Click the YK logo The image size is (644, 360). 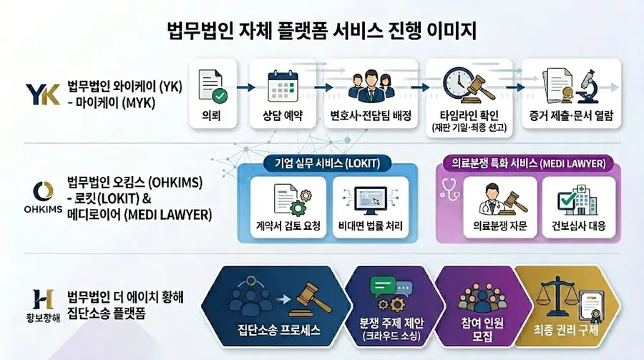coord(43,94)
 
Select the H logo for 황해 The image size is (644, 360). coord(43,299)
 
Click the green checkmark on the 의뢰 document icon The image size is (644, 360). coord(220,96)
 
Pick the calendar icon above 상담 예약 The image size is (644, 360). coord(283,87)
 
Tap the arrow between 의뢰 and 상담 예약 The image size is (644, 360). coord(245,87)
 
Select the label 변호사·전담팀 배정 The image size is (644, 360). coord(371,115)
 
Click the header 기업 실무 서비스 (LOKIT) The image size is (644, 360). coord(327,164)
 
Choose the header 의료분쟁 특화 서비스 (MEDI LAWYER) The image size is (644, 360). coord(529,164)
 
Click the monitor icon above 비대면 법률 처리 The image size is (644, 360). coord(371,200)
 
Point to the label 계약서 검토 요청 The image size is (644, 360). coord(288,225)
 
